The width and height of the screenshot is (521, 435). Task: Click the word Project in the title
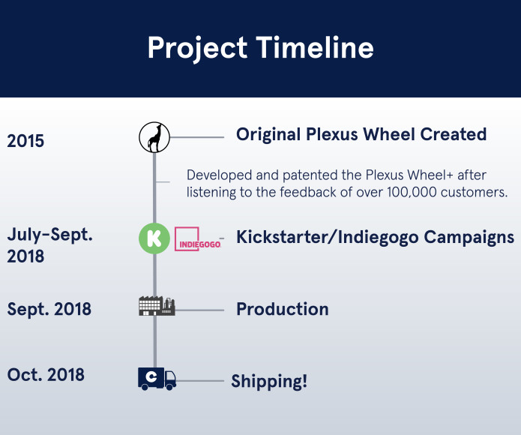(197, 49)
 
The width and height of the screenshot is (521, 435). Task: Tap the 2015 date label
(25, 141)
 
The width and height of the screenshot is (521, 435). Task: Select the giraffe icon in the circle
(154, 137)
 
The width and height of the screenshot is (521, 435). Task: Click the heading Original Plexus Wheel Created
(361, 134)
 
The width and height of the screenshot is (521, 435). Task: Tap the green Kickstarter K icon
(154, 238)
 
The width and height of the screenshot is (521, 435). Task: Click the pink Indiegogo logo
(198, 239)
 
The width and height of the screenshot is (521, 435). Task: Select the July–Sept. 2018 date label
(49, 245)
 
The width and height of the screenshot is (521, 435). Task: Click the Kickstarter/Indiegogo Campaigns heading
(375, 237)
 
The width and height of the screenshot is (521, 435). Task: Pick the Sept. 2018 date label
(49, 309)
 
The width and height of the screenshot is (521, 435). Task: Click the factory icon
(157, 306)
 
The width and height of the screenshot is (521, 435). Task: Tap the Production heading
(282, 309)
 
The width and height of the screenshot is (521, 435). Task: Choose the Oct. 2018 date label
(45, 374)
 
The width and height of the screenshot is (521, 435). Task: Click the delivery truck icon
(157, 378)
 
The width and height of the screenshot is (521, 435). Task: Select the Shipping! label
(268, 381)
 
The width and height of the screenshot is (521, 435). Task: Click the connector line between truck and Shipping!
(200, 381)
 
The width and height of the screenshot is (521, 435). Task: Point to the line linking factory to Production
(200, 309)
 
